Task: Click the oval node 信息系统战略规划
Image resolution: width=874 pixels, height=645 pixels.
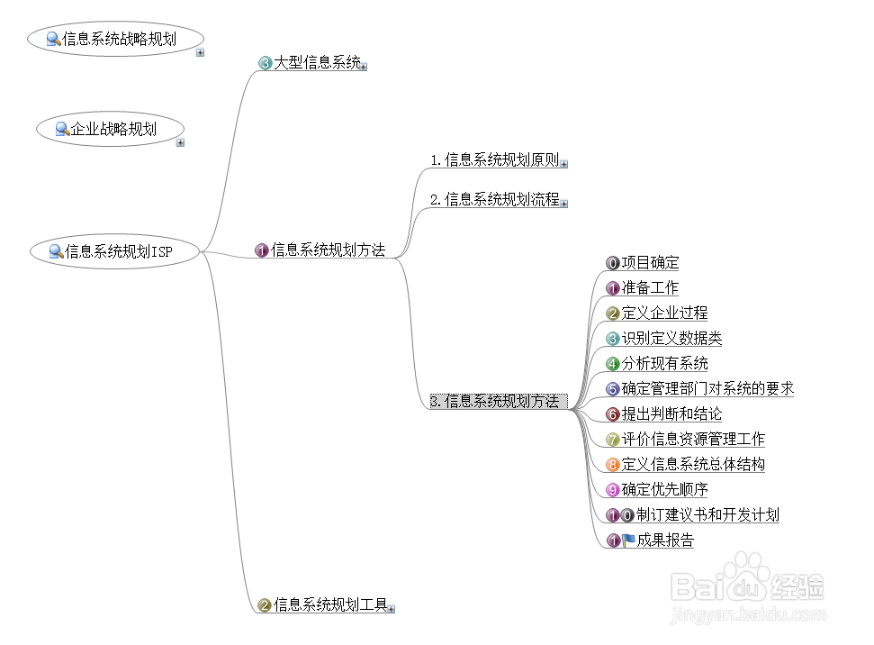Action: [116, 39]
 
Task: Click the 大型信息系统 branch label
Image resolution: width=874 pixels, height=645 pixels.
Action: [317, 63]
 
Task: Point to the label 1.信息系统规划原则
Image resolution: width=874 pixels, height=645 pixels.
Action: [494, 161]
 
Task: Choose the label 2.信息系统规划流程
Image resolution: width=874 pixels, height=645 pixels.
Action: [494, 200]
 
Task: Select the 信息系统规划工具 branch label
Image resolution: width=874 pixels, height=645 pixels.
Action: [329, 605]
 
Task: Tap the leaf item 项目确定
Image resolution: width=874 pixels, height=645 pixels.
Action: [650, 263]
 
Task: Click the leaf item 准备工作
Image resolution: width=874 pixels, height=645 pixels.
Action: [650, 288]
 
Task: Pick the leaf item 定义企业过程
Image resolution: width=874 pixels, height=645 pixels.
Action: [664, 313]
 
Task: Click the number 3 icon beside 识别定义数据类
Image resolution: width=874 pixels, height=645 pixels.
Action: [613, 339]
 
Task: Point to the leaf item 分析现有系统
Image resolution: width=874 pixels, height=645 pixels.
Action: [664, 364]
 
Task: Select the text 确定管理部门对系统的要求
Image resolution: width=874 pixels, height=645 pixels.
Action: [707, 389]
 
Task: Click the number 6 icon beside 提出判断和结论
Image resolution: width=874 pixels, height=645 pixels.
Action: [613, 414]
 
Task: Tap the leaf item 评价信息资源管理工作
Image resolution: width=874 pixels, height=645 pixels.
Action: [693, 440]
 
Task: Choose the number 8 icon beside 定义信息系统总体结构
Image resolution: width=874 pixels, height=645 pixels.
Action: [613, 465]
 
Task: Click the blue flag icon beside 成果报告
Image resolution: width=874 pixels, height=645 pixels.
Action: [628, 541]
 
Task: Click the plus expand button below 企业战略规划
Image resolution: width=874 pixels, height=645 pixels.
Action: [180, 142]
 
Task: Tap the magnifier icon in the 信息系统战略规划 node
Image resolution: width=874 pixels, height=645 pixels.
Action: [53, 39]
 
